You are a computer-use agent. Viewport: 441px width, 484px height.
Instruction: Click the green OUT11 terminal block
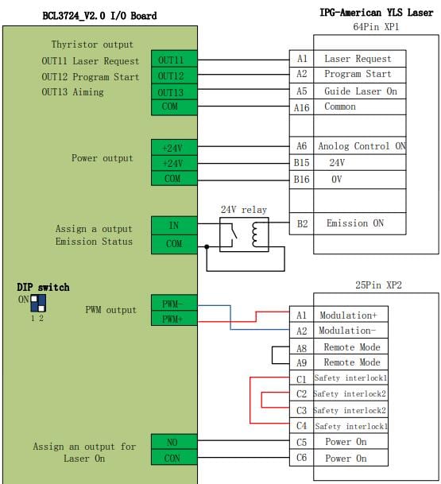(x=174, y=59)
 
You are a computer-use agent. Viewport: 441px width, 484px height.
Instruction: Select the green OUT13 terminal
(x=174, y=91)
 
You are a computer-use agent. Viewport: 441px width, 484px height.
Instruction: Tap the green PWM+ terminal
(x=174, y=318)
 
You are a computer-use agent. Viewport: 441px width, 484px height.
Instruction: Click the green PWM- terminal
(x=174, y=303)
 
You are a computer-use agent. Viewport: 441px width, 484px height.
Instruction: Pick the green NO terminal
(x=174, y=442)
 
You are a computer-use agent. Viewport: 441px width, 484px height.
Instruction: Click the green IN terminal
(x=174, y=226)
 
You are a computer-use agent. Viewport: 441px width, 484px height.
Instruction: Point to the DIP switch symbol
(x=38, y=303)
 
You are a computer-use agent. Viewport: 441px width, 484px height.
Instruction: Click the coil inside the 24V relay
(x=255, y=235)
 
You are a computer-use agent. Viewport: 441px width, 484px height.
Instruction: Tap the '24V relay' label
(x=243, y=210)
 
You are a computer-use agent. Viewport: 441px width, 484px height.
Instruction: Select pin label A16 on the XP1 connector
(x=301, y=108)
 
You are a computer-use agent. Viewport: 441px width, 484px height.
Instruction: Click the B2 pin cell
(x=301, y=223)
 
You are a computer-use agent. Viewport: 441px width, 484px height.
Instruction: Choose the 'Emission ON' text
(x=355, y=223)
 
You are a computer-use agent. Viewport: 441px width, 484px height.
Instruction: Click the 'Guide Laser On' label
(x=361, y=91)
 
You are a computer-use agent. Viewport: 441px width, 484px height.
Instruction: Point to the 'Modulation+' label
(x=348, y=316)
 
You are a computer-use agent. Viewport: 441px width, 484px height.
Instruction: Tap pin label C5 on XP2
(x=301, y=442)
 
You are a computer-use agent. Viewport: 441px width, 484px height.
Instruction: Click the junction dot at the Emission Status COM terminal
(x=207, y=246)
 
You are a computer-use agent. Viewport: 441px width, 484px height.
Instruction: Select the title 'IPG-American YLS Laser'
(x=376, y=13)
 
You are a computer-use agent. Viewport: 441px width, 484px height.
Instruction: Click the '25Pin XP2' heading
(x=378, y=285)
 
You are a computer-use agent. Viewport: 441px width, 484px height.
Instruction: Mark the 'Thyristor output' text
(x=92, y=45)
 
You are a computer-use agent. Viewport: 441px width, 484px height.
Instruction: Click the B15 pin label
(x=301, y=162)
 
